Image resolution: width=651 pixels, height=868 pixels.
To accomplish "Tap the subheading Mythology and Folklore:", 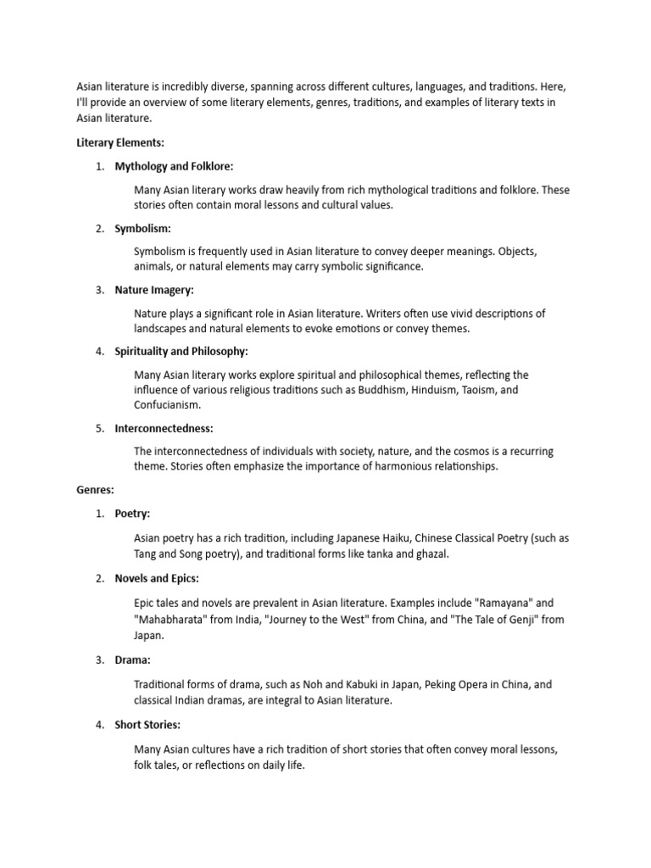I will [174, 166].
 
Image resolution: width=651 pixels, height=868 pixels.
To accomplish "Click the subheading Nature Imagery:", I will [154, 290].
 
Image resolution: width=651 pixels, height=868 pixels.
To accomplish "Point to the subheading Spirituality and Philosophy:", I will [181, 351].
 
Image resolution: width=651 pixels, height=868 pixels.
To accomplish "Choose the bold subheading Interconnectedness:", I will [164, 428].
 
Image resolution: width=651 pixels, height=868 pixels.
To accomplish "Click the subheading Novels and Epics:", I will [157, 578].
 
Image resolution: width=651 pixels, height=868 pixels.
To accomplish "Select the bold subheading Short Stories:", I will [147, 725].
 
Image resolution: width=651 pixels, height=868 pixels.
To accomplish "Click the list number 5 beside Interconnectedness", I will [100, 428].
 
